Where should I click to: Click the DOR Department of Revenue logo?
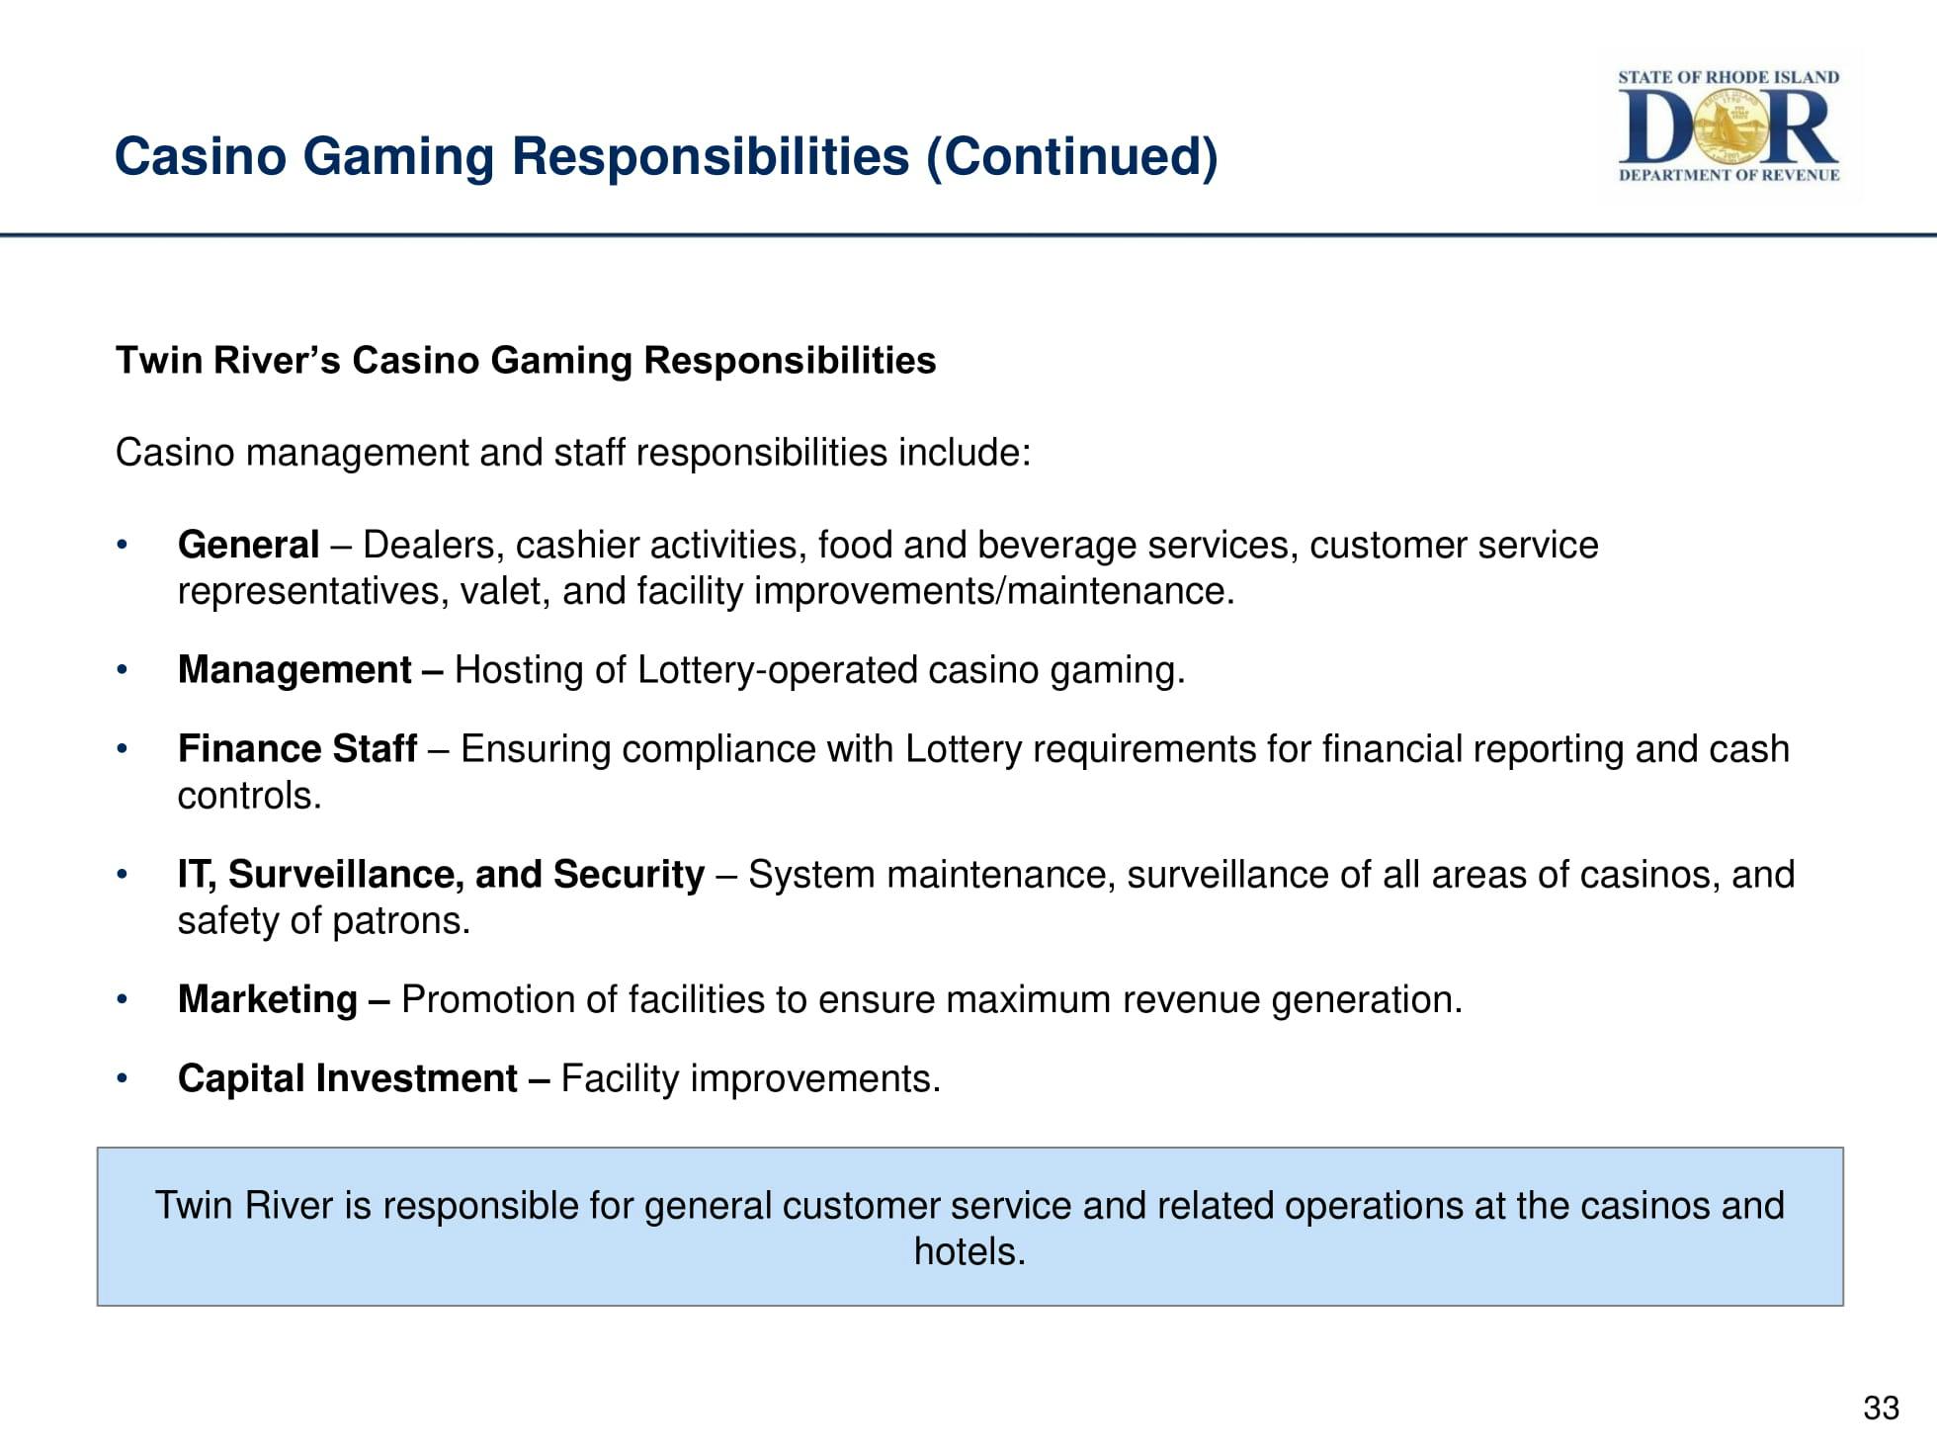[x=1728, y=126]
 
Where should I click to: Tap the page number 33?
[x=1881, y=1408]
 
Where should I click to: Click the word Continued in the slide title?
[x=1071, y=156]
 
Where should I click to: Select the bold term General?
[x=248, y=545]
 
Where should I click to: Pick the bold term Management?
[x=295, y=670]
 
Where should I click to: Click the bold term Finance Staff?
[x=296, y=749]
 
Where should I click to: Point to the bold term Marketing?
[x=267, y=999]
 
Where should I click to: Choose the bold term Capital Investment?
[x=347, y=1078]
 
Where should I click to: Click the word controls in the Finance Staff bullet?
[x=249, y=796]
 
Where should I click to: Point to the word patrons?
[x=400, y=921]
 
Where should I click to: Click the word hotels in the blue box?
[x=969, y=1251]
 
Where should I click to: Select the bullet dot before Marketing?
[x=122, y=1000]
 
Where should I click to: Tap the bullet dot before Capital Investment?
[x=122, y=1078]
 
